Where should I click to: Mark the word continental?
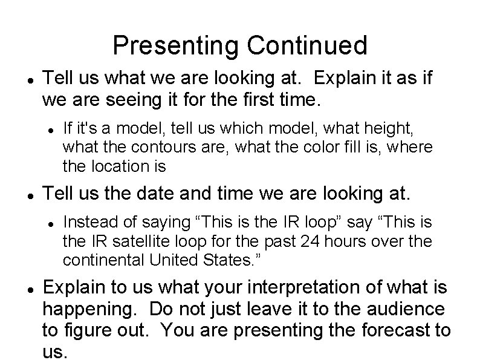pos(99,260)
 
